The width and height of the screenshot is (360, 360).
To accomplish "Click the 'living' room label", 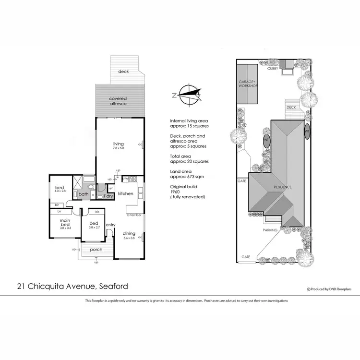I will pos(118,144).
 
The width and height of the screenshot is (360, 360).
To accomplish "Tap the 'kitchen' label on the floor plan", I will pos(125,193).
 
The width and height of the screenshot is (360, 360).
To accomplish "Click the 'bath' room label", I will pos(84,194).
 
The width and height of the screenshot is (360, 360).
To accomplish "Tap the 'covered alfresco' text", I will pos(118,101).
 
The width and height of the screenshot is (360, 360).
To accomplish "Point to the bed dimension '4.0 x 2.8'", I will pos(60,191).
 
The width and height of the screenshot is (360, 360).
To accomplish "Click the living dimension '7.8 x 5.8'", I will pos(118,148).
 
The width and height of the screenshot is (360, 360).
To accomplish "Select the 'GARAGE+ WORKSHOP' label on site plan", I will pos(249,84).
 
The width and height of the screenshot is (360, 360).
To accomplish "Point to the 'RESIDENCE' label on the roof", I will pos(283,186).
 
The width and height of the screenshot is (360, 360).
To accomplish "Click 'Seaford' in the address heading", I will pos(113,287).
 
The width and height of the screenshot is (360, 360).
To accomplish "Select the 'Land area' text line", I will pos(180,171).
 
